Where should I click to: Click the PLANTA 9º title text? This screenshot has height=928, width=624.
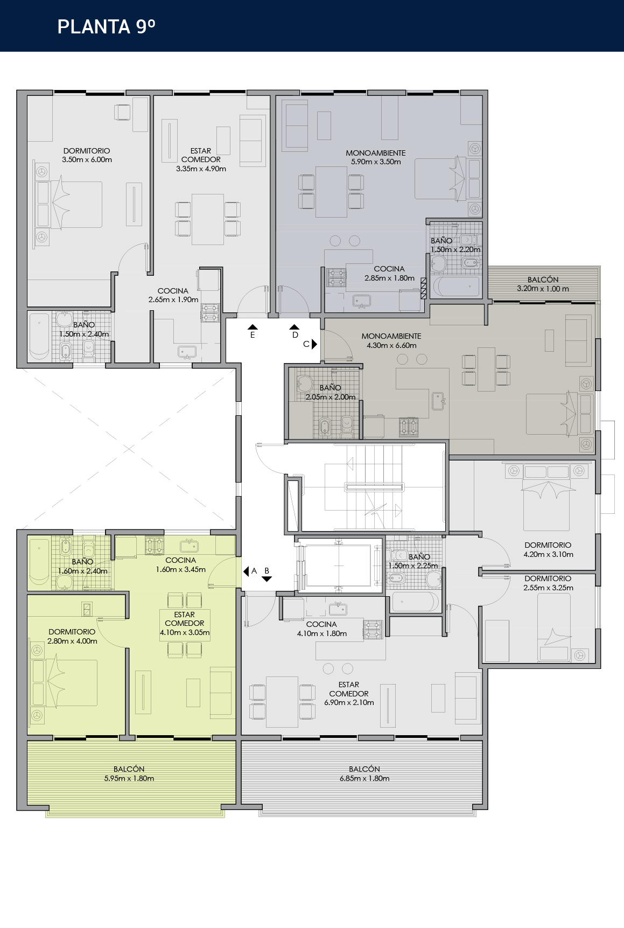pos(106,26)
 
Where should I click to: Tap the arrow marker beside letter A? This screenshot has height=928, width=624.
pos(246,571)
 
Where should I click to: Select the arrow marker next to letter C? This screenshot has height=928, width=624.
pos(314,344)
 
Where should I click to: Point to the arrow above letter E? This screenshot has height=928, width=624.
pos(253,327)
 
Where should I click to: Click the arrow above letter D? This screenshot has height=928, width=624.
pos(294,327)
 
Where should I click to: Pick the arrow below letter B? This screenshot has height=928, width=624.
pos(267,579)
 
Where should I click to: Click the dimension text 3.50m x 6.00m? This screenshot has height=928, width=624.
pos(87,160)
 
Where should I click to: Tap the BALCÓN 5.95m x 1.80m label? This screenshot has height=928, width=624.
pos(129,773)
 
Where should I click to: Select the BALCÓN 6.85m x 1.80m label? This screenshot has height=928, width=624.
pos(364,773)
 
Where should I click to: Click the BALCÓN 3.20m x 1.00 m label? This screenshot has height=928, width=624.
pos(543,284)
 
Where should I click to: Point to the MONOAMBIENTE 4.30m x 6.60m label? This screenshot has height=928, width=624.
pos(391,340)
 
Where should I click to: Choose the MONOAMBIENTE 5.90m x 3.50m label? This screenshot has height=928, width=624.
pos(376,157)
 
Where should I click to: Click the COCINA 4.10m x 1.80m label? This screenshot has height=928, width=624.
pos(321,629)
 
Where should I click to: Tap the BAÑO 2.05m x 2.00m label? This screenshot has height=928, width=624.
pos(330,392)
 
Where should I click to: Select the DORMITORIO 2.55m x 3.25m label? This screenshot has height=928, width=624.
pos(548,583)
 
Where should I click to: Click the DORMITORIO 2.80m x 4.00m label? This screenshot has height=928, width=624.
pos(72,636)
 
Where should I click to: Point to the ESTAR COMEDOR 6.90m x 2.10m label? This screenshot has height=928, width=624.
pos(349,694)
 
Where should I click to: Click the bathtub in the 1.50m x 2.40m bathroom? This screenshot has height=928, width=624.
pos(39,337)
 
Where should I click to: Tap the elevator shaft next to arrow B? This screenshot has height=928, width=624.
pos(339,566)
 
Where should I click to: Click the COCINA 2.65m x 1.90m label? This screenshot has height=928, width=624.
pos(173,295)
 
